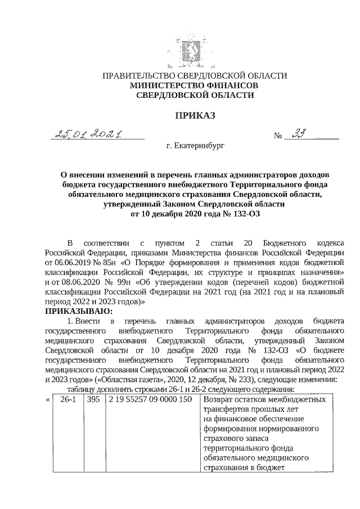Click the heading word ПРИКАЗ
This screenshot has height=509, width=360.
[x=194, y=116]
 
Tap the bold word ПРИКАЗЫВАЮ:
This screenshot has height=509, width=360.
[x=79, y=311]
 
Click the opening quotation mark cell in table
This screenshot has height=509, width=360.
[x=48, y=399]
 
